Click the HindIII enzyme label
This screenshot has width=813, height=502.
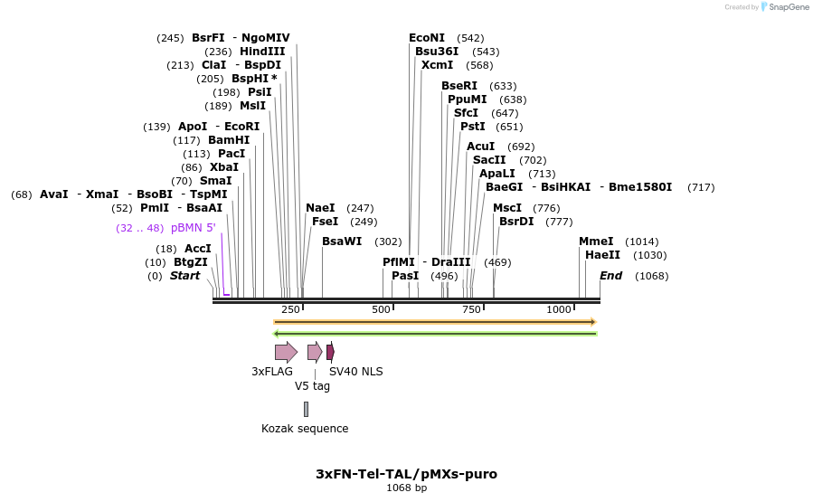click(x=262, y=52)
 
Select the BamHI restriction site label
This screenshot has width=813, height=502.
click(x=229, y=140)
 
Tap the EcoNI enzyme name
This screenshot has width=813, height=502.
click(x=427, y=38)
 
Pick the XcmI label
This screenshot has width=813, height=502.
click(x=437, y=65)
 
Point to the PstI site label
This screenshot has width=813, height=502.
click(x=472, y=127)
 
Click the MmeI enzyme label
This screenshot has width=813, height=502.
click(x=596, y=242)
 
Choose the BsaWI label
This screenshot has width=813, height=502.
click(x=342, y=242)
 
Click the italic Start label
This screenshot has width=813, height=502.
click(x=184, y=276)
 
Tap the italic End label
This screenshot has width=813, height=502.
click(x=610, y=276)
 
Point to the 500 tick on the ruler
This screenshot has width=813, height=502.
click(x=381, y=309)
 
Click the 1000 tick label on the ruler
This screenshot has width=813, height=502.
click(x=559, y=309)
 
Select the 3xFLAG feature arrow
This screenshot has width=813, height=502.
click(x=286, y=352)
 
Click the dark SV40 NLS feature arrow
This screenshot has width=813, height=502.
click(x=330, y=352)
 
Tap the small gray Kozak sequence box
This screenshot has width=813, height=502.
click(x=306, y=409)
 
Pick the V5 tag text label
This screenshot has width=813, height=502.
click(x=312, y=386)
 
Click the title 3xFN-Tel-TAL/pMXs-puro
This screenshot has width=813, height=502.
click(x=406, y=474)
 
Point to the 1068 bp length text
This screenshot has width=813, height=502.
click(x=406, y=488)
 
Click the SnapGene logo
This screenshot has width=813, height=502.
click(x=785, y=7)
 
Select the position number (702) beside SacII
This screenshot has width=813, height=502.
click(x=533, y=160)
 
